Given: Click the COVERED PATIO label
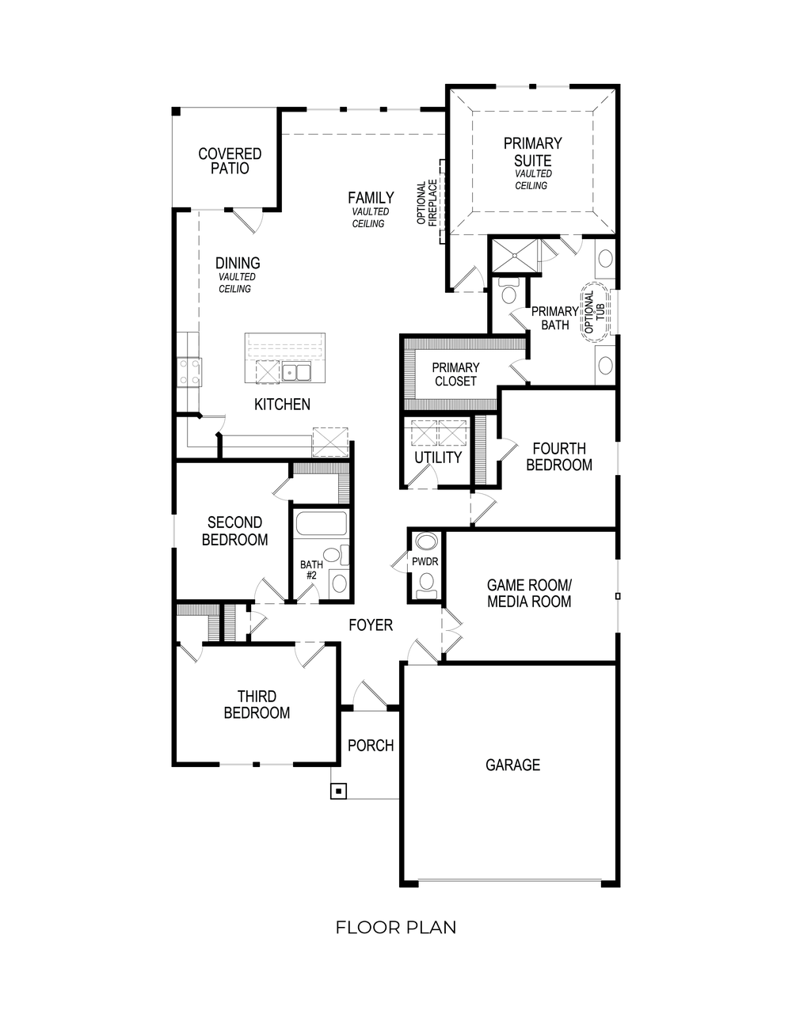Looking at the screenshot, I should tap(230, 161).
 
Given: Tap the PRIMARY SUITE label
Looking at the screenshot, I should tap(532, 151).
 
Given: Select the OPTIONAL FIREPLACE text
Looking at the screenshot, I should tap(427, 203).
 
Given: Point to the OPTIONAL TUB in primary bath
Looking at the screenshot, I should tap(595, 312).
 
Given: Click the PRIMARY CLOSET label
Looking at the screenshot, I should tap(455, 374).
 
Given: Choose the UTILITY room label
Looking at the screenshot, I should tap(438, 458).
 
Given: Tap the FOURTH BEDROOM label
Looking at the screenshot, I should tap(559, 457).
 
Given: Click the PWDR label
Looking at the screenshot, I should tap(425, 562).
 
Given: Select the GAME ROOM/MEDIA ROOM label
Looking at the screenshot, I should tap(529, 593).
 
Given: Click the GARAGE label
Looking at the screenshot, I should tap(512, 765).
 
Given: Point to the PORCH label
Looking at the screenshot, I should tap(371, 745).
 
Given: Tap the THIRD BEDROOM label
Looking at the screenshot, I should tap(257, 705).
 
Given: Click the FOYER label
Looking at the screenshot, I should tap(371, 625).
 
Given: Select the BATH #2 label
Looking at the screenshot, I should tap(310, 570).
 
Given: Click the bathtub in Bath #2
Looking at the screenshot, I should tap(321, 525).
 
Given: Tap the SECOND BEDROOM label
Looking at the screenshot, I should tap(234, 530).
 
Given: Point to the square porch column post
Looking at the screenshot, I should tap(339, 791).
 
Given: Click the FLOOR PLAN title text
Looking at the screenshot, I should tap(396, 927).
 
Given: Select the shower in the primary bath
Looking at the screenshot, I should tap(515, 255).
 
